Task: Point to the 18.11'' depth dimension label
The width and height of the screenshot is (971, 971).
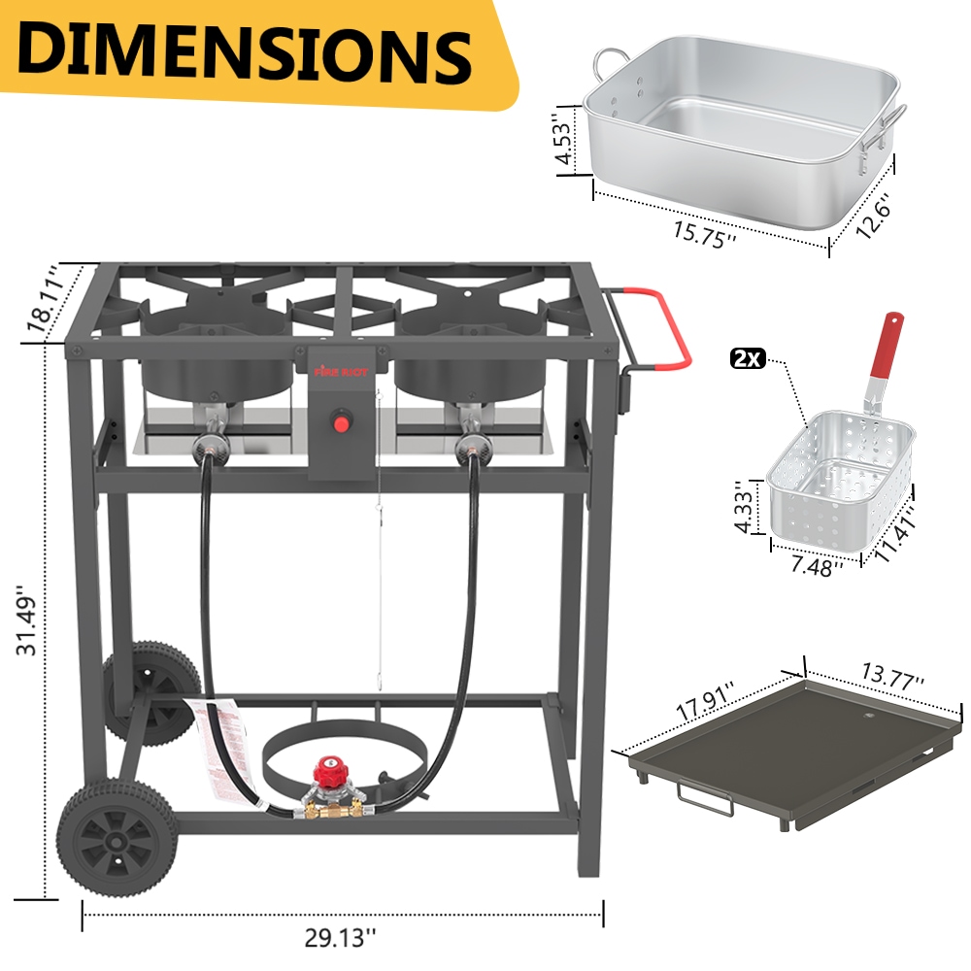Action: [x=41, y=299]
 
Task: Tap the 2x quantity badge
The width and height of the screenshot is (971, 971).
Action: [x=749, y=359]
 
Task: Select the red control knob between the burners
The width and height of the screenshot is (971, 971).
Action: [x=341, y=420]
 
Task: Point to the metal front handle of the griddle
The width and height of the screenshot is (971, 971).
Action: [x=704, y=800]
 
